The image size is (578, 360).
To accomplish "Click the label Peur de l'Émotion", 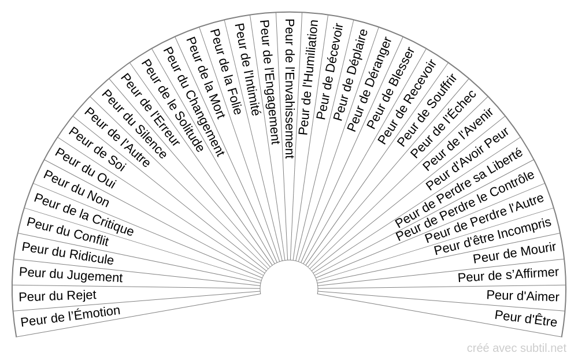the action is (71, 316).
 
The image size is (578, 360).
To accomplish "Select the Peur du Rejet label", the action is (57, 295).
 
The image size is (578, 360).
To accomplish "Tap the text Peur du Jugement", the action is (71, 275).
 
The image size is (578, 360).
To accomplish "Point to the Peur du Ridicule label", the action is (68, 254).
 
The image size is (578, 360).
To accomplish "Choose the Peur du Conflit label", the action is (68, 232).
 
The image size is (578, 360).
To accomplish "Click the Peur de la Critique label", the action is (84, 214).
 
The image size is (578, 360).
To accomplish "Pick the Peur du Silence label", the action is (134, 124).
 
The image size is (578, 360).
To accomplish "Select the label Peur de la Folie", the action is (225, 72).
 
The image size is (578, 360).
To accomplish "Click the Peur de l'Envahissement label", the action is (290, 89).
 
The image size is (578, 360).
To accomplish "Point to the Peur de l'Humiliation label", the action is (308, 77).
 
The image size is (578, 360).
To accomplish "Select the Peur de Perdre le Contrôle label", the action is (465, 206).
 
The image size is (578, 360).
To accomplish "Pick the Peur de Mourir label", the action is (514, 253).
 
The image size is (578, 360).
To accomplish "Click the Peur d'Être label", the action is (526, 318).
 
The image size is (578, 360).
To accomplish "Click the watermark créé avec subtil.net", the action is (516, 348).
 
